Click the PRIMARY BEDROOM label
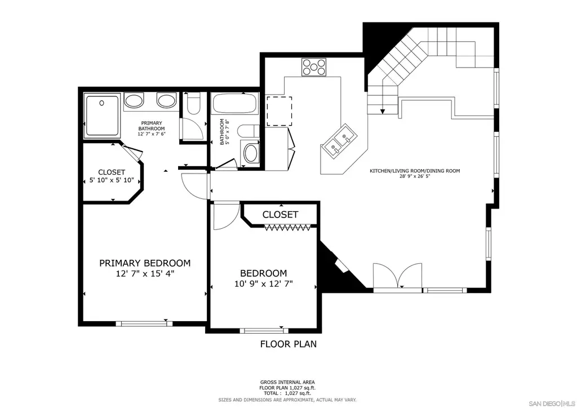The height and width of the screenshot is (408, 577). point(145,263)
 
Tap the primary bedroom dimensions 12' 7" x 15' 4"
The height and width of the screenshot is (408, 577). point(145,274)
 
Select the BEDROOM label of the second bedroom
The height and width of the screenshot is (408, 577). point(264,273)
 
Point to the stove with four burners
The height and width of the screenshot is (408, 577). point(313,67)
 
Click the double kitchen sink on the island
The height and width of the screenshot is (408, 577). point(340,143)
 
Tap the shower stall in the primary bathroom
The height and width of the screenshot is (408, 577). point(102,116)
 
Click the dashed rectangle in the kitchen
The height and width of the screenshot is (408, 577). point(279,111)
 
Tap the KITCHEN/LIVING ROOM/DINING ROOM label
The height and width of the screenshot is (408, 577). point(415,171)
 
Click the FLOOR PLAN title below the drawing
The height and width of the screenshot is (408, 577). point(288,344)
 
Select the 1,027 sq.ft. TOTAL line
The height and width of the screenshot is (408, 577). point(287,393)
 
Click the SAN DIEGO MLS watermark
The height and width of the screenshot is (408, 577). point(552,402)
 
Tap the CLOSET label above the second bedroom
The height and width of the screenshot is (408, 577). point(280,215)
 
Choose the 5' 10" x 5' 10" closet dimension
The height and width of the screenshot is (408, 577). point(112,181)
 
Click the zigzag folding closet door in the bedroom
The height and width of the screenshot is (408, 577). point(287,227)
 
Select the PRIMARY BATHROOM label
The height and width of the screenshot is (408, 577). point(152,126)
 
